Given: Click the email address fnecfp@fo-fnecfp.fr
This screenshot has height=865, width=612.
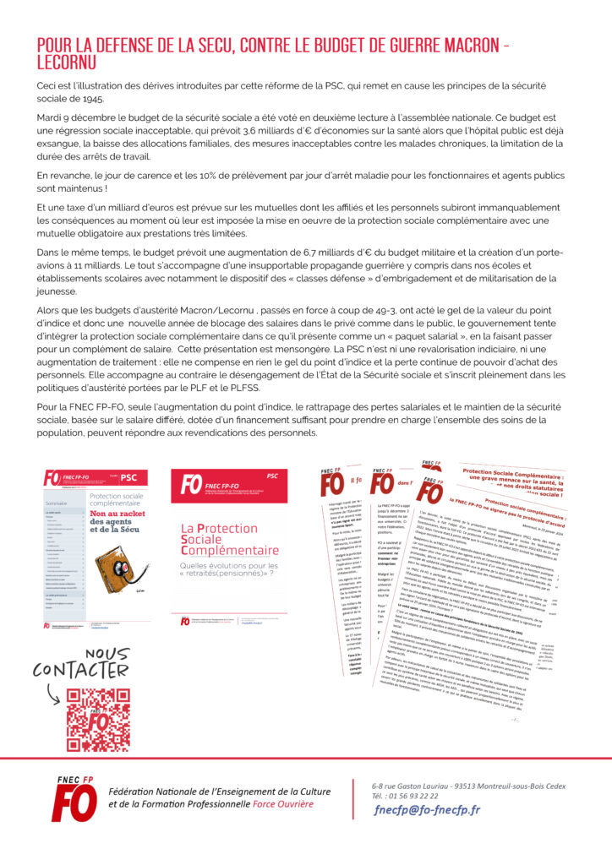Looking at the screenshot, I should click(x=427, y=809).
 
